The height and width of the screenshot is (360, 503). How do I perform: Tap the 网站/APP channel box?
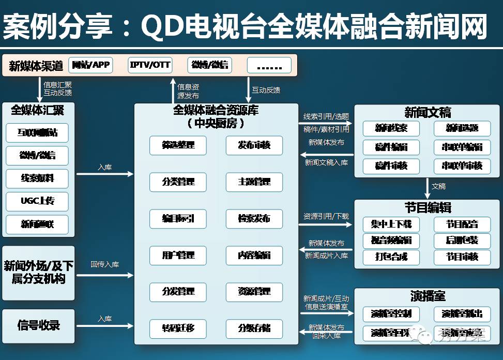tap(91, 65)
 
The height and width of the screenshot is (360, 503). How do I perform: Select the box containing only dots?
tap(269, 66)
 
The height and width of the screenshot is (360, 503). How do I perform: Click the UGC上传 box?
tap(37, 201)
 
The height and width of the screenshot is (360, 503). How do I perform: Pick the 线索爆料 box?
tap(37, 178)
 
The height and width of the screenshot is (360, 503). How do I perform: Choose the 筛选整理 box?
tap(178, 145)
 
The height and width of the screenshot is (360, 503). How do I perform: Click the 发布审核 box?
tap(254, 145)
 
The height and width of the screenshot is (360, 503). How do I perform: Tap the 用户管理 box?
tap(178, 255)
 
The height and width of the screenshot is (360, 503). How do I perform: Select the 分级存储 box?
tap(254, 328)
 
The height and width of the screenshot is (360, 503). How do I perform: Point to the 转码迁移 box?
tap(178, 328)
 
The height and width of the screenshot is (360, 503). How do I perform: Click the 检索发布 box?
tap(254, 218)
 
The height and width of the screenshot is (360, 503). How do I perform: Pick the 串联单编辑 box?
tap(462, 147)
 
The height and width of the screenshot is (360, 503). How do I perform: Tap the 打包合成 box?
tap(391, 257)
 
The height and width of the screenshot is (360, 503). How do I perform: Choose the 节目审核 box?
tap(462, 257)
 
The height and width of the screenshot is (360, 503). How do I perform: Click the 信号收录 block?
tap(39, 326)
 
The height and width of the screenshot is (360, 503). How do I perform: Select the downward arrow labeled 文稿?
tap(427, 188)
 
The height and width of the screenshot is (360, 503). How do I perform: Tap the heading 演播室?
tap(428, 296)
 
